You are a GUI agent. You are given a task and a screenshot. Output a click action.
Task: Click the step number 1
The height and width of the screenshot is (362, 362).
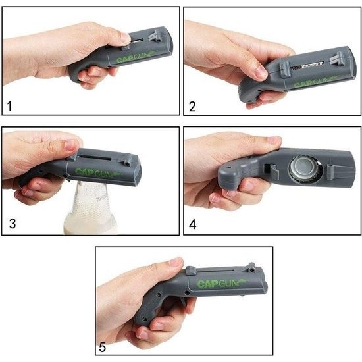tap(9, 107)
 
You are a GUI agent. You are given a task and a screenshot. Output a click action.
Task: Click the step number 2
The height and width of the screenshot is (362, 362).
tap(192, 107)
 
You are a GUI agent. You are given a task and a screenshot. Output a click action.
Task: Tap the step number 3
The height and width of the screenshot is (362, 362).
tap(13, 224)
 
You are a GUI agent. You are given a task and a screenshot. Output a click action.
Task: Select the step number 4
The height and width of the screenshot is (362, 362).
tap(193, 224)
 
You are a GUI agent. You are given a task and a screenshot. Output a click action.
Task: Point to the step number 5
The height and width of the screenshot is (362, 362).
tap(102, 347)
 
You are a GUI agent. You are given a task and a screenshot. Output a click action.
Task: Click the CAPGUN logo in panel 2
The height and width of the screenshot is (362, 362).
tap(317, 82)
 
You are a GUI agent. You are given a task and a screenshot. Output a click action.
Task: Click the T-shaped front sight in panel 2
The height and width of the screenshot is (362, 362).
tap(336, 58)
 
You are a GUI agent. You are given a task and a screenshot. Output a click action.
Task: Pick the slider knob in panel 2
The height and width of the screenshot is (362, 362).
tap(284, 69)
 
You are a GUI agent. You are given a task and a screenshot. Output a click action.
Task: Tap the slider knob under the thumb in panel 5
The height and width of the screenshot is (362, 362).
tap(191, 271)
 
